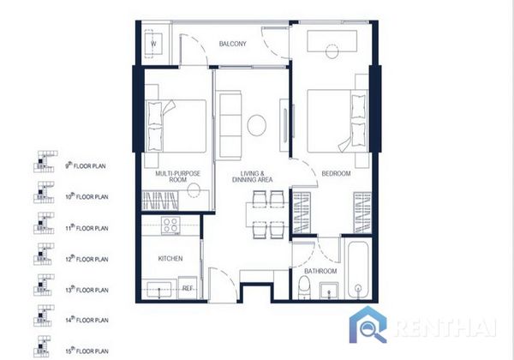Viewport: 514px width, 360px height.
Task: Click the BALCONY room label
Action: coord(232,44)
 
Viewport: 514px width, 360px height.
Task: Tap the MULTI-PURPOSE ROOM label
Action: coord(177,177)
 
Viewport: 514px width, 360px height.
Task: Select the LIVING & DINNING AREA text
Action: coord(252,177)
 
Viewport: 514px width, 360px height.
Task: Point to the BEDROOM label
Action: coord(336,173)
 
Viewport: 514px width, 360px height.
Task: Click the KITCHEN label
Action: coord(170,259)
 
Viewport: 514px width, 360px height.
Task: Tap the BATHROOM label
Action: coord(320,271)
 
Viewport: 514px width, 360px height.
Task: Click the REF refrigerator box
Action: coord(188,287)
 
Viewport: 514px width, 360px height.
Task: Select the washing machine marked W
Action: coord(153,44)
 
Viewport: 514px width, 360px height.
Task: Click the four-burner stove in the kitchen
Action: coord(170,225)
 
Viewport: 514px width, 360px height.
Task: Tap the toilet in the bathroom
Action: coord(304,287)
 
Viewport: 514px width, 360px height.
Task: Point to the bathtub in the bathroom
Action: coord(358,270)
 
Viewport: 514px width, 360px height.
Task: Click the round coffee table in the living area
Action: coord(257,125)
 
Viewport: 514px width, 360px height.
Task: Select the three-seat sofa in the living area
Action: coord(229,125)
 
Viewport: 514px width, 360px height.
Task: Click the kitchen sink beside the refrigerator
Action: coord(159,290)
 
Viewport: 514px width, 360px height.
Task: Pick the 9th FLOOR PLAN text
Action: coord(85,165)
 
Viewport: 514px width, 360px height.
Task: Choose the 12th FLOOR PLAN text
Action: coord(87,259)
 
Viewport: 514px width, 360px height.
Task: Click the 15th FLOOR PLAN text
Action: coord(87,351)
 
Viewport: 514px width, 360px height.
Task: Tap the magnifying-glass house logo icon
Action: coord(368,325)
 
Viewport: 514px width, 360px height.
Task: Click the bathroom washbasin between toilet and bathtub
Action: coord(329,291)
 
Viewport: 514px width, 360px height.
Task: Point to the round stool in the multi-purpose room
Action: coord(194,190)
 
